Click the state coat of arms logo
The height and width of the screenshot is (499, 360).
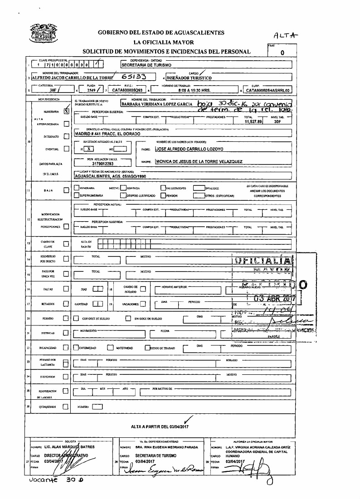coord(44,34)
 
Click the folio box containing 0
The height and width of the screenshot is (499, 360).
coord(282,53)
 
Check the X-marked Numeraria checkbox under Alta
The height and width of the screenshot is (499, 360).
coord(66,110)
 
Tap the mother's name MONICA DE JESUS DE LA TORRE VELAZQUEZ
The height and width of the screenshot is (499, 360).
coord(199,161)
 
